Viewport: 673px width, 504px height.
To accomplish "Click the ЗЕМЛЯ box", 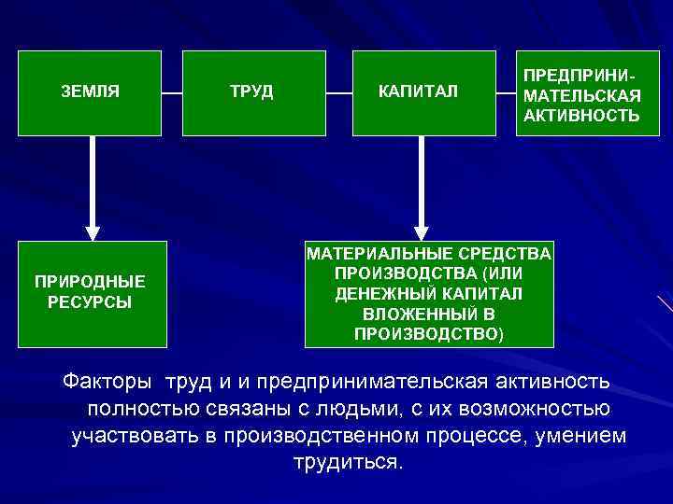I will click(91, 92).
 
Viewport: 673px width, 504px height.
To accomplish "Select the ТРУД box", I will click(251, 92).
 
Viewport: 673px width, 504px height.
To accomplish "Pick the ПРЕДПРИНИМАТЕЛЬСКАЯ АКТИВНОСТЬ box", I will click(580, 92).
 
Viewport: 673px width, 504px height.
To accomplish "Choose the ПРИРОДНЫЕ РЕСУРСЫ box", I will click(91, 291).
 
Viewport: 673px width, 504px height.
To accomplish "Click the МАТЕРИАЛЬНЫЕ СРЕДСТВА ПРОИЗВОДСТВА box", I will click(429, 293).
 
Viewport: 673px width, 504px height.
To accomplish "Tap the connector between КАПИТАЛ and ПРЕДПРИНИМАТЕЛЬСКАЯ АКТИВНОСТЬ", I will click(499, 92).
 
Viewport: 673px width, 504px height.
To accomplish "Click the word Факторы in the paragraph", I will click(109, 382).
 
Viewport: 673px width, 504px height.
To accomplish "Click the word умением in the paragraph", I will click(583, 436).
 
